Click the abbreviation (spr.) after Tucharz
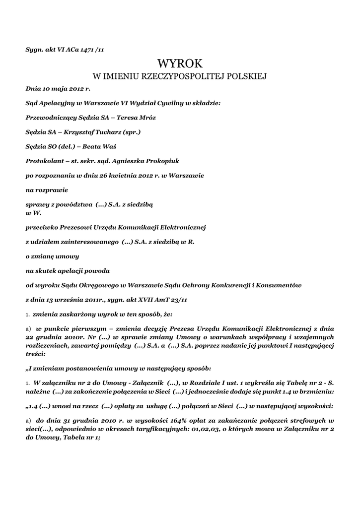point(133,132)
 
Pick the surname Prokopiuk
point(160,161)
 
